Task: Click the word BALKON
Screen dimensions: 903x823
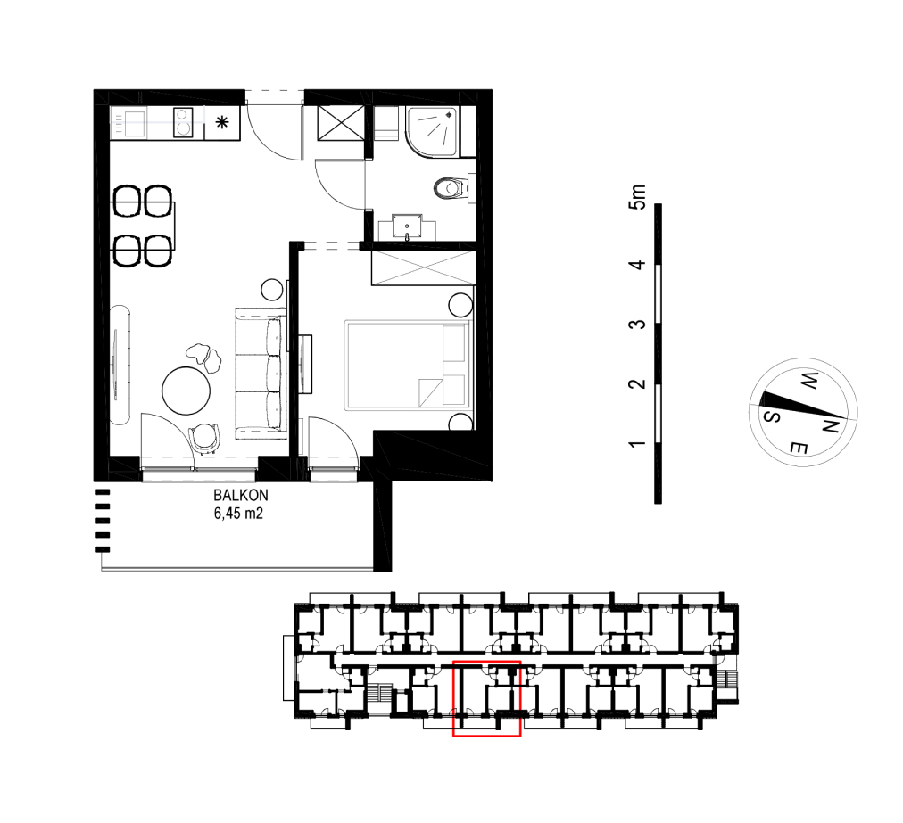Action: click(x=241, y=495)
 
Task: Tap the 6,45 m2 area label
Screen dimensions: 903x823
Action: click(x=238, y=514)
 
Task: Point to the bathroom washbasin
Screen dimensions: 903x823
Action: click(x=407, y=226)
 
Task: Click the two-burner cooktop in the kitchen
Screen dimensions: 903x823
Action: click(x=183, y=122)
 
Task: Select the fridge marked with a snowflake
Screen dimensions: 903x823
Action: click(x=221, y=122)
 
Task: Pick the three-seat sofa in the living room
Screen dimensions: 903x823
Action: click(x=261, y=374)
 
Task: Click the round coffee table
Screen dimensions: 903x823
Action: click(x=186, y=391)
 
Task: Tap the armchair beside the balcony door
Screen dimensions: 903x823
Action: click(x=204, y=438)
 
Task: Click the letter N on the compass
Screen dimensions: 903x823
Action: click(x=830, y=426)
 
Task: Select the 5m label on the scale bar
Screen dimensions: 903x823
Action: click(x=638, y=197)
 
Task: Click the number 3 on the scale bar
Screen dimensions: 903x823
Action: click(x=637, y=325)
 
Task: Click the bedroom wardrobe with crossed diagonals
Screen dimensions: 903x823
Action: click(x=423, y=267)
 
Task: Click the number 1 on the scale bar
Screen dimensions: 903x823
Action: click(x=637, y=444)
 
